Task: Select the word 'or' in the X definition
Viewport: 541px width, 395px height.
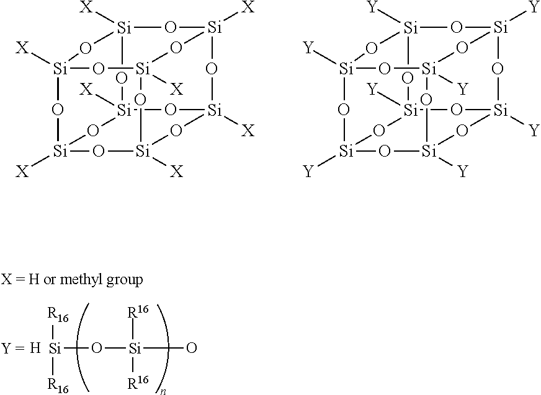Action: point(50,280)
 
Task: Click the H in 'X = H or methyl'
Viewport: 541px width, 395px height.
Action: point(34,279)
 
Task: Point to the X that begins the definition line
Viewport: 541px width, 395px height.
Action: point(7,279)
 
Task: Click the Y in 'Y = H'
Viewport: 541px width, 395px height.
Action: point(7,349)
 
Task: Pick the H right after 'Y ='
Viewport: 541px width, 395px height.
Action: point(35,349)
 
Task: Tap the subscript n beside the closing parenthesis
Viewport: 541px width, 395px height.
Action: point(163,391)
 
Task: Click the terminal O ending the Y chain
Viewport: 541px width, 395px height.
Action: point(192,349)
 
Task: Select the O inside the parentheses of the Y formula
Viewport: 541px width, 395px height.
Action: point(97,349)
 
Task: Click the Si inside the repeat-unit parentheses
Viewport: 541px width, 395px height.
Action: point(135,349)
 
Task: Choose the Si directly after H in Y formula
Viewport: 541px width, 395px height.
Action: point(55,349)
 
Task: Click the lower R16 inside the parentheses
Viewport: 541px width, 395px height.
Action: point(138,382)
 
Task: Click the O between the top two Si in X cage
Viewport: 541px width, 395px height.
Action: point(170,27)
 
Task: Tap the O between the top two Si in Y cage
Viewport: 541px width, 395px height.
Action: point(456,27)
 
